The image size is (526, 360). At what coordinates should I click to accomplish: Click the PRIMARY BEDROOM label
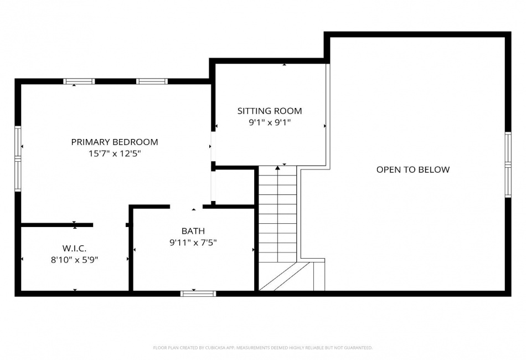115,142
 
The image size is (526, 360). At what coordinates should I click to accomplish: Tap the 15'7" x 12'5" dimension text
115,153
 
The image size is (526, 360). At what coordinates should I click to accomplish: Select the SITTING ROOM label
270,111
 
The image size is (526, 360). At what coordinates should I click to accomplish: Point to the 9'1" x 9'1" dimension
270,122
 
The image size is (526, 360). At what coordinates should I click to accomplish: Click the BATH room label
193,231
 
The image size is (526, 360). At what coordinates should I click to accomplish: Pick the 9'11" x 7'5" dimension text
193,242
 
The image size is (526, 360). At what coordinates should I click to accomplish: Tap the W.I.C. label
74,249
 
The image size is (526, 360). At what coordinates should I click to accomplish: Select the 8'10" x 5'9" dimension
74,260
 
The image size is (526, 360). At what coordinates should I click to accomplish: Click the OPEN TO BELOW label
412,169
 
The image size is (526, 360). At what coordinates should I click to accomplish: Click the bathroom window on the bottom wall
198,294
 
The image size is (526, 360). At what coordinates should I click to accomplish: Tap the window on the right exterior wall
508,164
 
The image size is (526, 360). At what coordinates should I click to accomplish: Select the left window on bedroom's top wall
79,81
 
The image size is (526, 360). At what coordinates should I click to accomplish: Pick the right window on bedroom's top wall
152,81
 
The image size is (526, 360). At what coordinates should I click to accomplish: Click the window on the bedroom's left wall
18,158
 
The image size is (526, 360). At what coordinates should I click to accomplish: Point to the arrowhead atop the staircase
277,168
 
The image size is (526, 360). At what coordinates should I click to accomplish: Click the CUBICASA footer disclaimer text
262,348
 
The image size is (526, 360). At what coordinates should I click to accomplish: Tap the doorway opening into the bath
186,207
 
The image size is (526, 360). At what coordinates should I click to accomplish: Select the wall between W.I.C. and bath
131,248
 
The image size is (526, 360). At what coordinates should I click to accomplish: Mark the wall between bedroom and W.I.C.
56,225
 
